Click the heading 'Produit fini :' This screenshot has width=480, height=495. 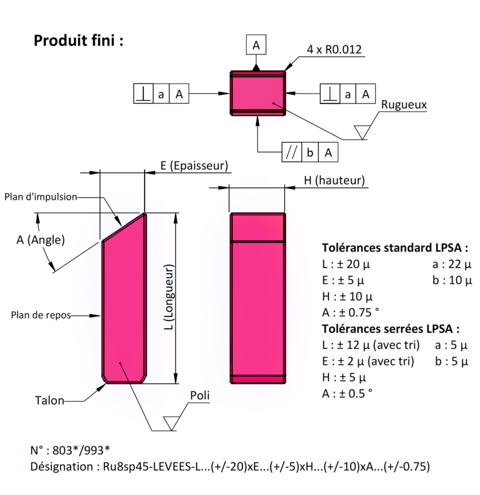tap(78, 41)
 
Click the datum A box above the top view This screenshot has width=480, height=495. tap(256, 45)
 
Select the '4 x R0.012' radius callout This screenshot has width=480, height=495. tap(334, 50)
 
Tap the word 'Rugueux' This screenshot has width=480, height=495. tap(404, 105)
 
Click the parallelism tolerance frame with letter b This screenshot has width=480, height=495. tap(310, 153)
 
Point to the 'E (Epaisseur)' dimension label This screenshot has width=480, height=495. tap(193, 166)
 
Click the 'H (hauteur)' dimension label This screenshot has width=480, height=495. tap(334, 181)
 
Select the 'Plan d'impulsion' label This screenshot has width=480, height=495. tap(41, 197)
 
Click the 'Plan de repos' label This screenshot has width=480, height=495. tap(41, 315)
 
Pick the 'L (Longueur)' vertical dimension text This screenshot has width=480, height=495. tap(168, 299)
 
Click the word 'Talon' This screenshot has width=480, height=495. tap(49, 401)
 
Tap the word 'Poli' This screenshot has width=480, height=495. tap(200, 395)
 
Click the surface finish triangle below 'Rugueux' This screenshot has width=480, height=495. tap(362, 131)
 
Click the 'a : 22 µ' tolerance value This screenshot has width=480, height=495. tap(452, 264)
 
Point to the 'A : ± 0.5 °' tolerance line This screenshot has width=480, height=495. tap(347, 393)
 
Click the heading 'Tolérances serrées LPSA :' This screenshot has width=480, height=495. tap(391, 329)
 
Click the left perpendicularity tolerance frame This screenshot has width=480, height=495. tap(160, 94)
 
